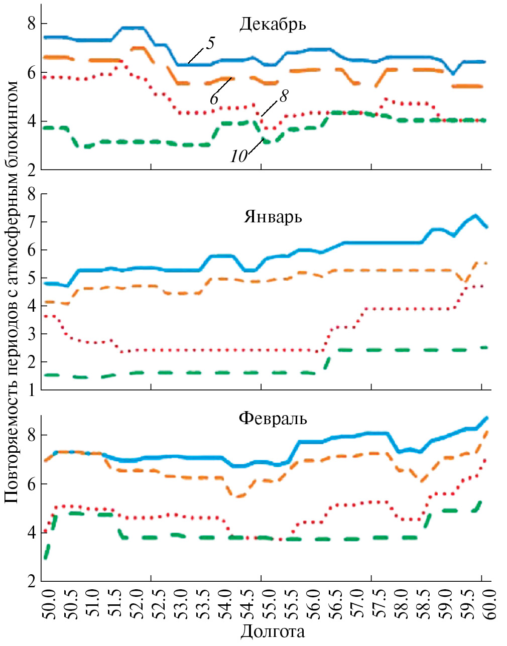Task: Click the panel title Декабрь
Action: (273, 24)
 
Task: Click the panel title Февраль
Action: (273, 418)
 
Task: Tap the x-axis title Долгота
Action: (273, 631)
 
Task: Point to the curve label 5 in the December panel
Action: (210, 43)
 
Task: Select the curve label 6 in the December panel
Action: (214, 99)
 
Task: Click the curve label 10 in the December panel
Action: (239, 157)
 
